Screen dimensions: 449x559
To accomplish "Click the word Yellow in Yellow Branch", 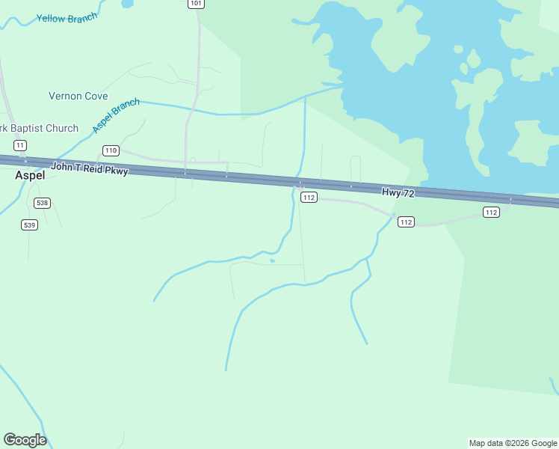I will tap(51, 18).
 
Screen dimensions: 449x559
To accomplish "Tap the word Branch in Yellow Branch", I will tap(83, 18).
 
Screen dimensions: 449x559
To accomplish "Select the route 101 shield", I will tap(195, 4).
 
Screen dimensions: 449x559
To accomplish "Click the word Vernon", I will tap(65, 97).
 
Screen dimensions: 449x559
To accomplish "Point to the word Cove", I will tap(96, 97).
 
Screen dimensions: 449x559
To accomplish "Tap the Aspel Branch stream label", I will tap(116, 116).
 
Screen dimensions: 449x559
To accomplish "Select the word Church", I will tap(62, 128).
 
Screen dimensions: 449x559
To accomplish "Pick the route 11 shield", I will tap(20, 145).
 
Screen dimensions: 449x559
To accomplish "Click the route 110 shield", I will tap(111, 150).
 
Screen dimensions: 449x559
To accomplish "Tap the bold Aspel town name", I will tap(31, 175).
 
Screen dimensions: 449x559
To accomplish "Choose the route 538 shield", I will tap(42, 203).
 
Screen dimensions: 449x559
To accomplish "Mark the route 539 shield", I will tap(29, 224).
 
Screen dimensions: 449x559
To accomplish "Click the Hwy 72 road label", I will tap(398, 193).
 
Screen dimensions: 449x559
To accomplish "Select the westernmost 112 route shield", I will tap(309, 198).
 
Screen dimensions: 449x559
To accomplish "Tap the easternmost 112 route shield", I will tap(490, 213).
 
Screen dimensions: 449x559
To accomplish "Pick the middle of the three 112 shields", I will tap(405, 222).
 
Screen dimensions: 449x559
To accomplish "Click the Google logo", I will tap(25, 440).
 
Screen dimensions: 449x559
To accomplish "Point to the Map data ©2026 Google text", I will tap(513, 443).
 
